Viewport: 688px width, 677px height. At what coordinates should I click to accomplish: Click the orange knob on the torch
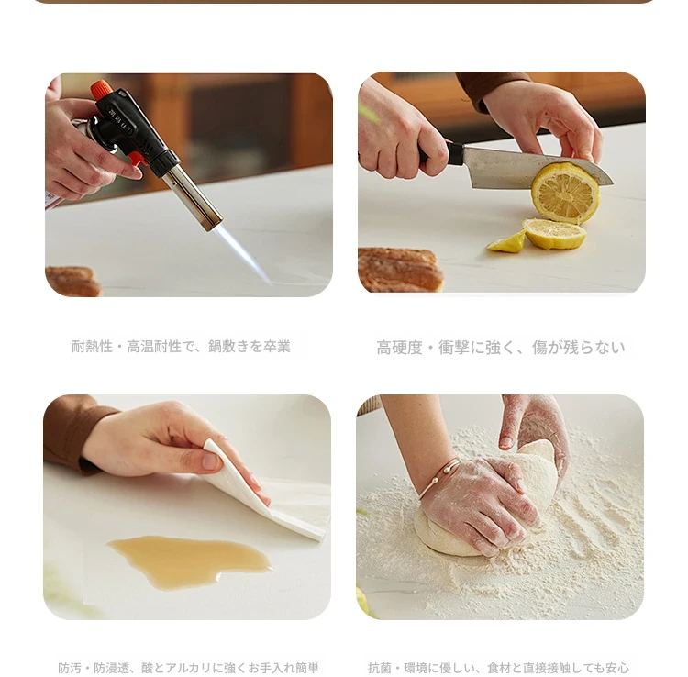click(101, 89)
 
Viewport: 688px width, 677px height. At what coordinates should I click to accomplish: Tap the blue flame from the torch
click(241, 255)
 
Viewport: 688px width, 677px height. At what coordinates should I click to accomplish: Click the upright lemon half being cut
click(565, 192)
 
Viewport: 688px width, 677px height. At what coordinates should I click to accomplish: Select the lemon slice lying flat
click(554, 233)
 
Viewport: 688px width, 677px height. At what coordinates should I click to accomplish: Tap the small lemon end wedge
click(506, 242)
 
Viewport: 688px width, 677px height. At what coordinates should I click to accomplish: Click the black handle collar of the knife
click(455, 154)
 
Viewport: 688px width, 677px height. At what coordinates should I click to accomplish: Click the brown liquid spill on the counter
click(190, 560)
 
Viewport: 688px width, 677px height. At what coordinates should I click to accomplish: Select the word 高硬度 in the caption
click(399, 348)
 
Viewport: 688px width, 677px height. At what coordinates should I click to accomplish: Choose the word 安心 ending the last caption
click(617, 668)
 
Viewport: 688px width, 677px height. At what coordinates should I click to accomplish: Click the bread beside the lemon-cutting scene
click(400, 270)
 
